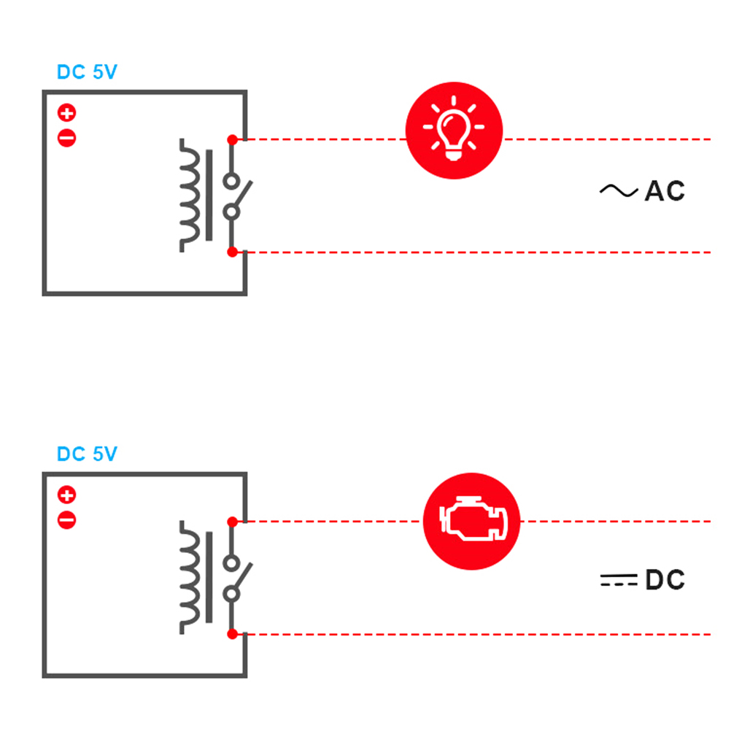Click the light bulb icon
click(454, 130)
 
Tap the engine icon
click(471, 521)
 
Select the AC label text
click(665, 191)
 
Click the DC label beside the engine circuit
click(665, 581)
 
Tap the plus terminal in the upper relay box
click(67, 113)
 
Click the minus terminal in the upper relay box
click(67, 137)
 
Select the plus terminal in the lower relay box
click(67, 496)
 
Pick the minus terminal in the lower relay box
click(67, 520)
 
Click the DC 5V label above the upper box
click(87, 73)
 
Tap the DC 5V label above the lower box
click(87, 455)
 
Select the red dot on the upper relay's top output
click(232, 139)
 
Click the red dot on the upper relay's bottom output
click(232, 252)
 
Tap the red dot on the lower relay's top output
click(232, 522)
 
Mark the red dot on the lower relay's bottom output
click(232, 635)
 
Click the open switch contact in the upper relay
click(236, 196)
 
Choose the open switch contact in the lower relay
click(236, 578)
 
